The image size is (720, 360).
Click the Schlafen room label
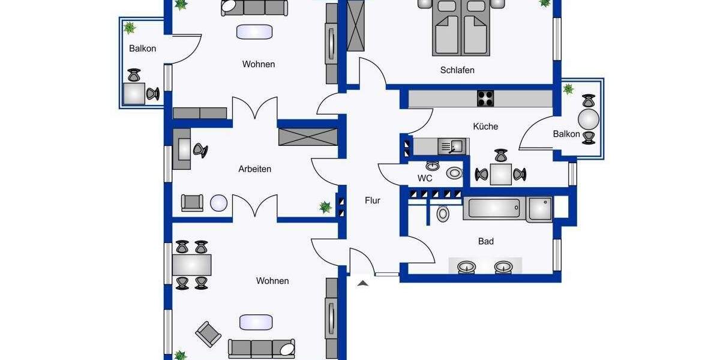coord(457,70)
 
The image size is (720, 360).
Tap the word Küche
coord(485,127)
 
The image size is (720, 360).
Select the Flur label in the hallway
coord(373,201)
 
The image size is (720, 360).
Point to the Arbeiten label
coord(254,169)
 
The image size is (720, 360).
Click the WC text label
coord(425,178)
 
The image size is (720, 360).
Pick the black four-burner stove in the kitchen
coord(485,98)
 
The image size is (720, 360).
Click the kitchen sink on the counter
coord(452,146)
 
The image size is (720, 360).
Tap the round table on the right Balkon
coord(589,118)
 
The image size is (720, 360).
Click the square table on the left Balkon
coord(134,94)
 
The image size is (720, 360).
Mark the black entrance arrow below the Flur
coord(362,283)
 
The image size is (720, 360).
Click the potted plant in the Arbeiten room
coord(325,208)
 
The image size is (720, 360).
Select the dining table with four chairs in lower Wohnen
coord(191,265)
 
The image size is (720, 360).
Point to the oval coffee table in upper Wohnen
coord(255,32)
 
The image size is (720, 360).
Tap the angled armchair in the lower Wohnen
coord(208,334)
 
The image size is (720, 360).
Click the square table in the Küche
coord(500,175)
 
